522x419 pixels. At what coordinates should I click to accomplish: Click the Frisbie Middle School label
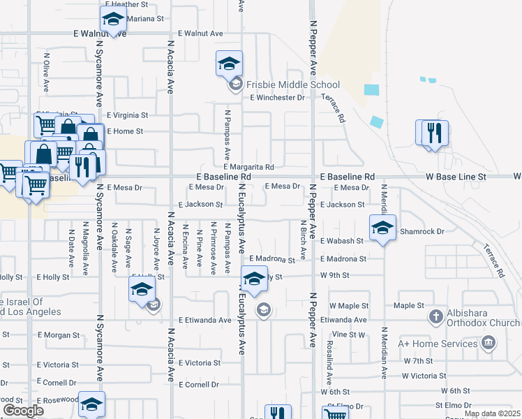pyautogui.click(x=283, y=85)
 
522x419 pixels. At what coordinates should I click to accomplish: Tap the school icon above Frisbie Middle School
pyautogui.click(x=229, y=65)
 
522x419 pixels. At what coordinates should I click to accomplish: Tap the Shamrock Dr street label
pyautogui.click(x=422, y=230)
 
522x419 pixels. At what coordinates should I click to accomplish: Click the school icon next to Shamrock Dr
pyautogui.click(x=382, y=228)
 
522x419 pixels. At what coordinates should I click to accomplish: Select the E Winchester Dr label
pyautogui.click(x=278, y=98)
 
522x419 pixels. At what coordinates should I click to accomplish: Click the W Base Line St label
pyautogui.click(x=456, y=177)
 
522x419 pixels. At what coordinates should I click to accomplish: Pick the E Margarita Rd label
pyautogui.click(x=248, y=167)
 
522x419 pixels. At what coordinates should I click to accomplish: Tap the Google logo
pyautogui.click(x=24, y=411)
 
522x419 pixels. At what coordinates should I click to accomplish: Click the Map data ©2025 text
pyautogui.click(x=493, y=414)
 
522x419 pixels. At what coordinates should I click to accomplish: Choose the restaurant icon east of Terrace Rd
pyautogui.click(x=435, y=133)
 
